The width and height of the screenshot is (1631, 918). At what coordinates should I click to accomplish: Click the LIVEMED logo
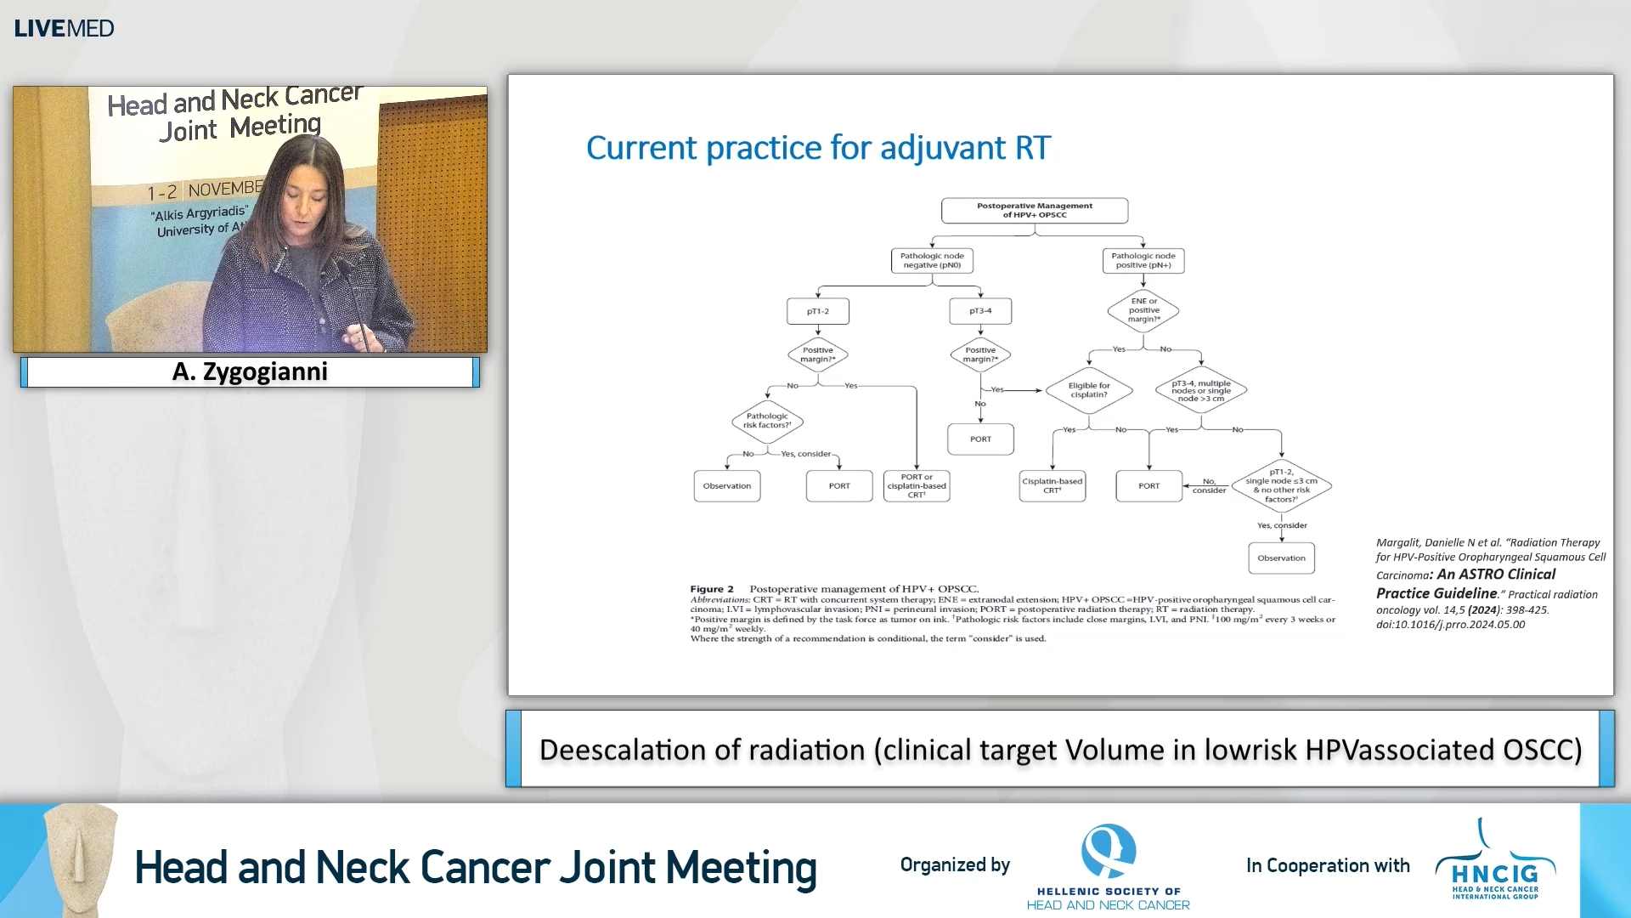(64, 28)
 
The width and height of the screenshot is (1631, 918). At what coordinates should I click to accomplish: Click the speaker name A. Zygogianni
(250, 372)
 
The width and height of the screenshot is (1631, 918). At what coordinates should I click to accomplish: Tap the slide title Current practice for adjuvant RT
(818, 148)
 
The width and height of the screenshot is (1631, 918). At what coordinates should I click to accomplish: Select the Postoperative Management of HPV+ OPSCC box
(1034, 210)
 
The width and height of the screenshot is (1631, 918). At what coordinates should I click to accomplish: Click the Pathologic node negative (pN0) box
(932, 260)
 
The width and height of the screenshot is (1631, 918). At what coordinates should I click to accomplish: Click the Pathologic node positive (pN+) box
(1143, 260)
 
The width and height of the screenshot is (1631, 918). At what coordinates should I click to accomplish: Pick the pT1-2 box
(817, 311)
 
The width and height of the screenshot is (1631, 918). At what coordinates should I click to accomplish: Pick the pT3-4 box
(980, 311)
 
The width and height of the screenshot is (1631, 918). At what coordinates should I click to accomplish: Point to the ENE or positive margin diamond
(1143, 310)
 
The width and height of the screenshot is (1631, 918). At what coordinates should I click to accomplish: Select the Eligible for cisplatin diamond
(1088, 390)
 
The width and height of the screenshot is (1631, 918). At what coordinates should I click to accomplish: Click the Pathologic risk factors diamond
(767, 421)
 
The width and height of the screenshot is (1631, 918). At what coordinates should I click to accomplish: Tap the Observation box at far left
(726, 486)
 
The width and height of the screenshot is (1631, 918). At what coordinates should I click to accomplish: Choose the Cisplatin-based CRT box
(1052, 486)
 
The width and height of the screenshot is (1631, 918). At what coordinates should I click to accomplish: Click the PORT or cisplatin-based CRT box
(916, 486)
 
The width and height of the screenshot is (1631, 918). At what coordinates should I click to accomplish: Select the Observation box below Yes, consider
(1281, 558)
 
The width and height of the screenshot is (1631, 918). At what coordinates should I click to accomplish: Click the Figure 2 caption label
(711, 589)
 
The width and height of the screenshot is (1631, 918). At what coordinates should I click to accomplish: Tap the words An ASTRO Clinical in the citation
(1496, 575)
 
